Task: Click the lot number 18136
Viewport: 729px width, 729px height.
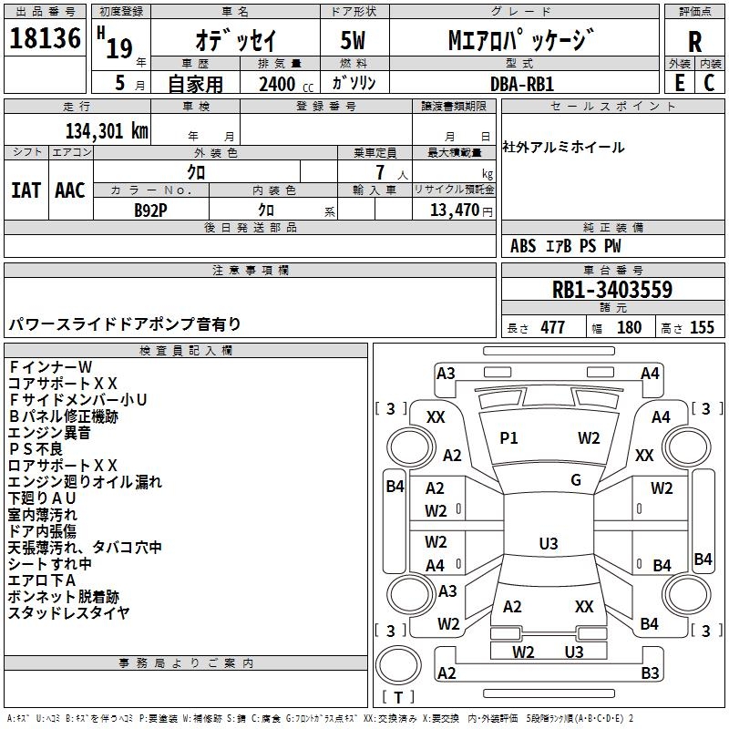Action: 45,38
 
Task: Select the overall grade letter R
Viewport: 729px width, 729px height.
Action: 694,42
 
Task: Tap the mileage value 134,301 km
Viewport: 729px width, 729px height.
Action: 107,131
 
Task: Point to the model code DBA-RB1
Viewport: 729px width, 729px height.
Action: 522,84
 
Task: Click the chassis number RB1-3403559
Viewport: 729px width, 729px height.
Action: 611,290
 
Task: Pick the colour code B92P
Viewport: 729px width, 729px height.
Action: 150,210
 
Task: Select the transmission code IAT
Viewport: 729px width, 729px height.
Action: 26,190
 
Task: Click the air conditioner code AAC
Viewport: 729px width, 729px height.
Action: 70,190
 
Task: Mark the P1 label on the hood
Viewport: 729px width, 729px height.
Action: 508,438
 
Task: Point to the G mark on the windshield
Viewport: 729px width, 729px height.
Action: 576,480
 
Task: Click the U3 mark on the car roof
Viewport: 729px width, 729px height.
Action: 549,543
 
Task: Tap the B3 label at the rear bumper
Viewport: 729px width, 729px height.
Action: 650,673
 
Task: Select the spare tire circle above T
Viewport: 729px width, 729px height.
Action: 398,665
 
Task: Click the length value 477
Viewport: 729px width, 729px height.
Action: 553,328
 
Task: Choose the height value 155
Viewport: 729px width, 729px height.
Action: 702,328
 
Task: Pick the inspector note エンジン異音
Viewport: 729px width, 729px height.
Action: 49,433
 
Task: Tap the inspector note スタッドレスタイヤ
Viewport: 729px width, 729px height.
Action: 69,613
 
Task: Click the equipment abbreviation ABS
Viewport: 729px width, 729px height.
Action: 523,246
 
